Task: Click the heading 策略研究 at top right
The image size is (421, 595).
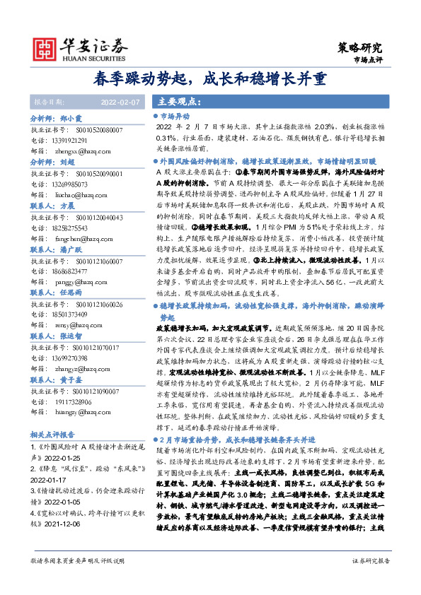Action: [357, 47]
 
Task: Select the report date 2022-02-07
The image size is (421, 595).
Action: [122, 102]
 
